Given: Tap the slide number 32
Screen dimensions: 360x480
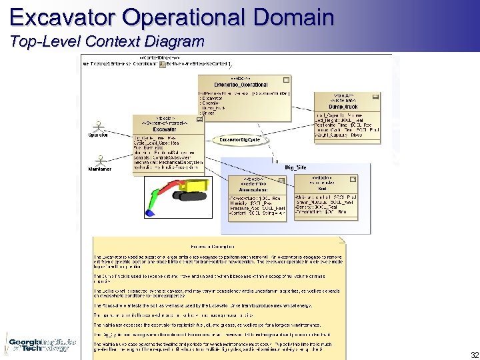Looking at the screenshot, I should coord(474,355).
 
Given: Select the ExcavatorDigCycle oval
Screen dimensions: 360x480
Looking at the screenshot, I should coord(240,140).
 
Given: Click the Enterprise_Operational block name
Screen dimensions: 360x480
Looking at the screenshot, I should coord(232,85).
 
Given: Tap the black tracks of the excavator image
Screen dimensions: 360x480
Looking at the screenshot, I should coord(189,197).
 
